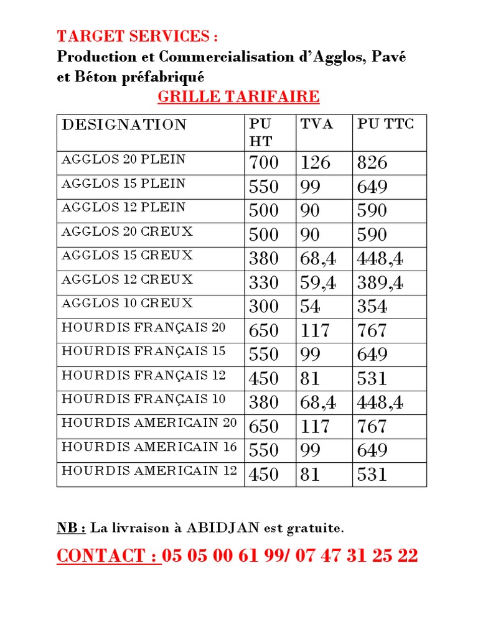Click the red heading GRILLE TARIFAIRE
click(x=238, y=97)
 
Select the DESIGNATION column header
click(x=124, y=124)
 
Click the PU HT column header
click(x=261, y=132)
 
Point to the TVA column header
click(x=317, y=124)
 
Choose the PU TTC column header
click(x=385, y=124)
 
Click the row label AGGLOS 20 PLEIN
click(x=123, y=159)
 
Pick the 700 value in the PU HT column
click(x=264, y=163)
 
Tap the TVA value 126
click(x=316, y=163)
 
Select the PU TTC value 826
click(x=372, y=163)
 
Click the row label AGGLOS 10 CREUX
click(x=127, y=304)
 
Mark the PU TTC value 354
click(x=372, y=307)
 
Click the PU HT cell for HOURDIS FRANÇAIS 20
click(x=264, y=331)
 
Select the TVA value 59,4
click(x=318, y=283)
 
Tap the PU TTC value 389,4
click(x=380, y=283)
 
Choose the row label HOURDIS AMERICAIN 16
click(x=149, y=447)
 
